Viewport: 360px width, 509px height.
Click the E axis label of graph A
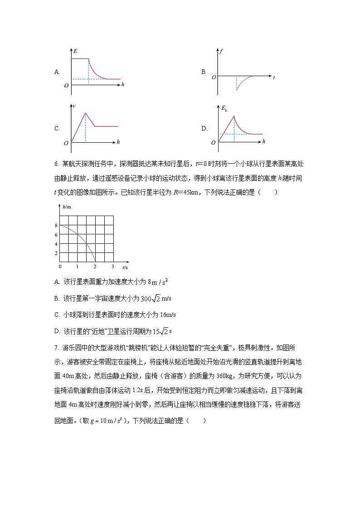click(x=75, y=51)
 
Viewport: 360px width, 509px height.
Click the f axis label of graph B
click(x=220, y=51)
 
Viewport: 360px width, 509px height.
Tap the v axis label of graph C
click(x=74, y=106)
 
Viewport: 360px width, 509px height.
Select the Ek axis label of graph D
click(x=224, y=108)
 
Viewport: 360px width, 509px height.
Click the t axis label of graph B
click(x=273, y=78)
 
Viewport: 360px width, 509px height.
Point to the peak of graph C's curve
click(x=85, y=112)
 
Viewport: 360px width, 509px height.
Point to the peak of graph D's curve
click(x=234, y=116)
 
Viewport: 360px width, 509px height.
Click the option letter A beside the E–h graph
click(x=57, y=72)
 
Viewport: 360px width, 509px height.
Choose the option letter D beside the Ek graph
click(x=204, y=128)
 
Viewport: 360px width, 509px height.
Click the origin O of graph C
click(x=66, y=143)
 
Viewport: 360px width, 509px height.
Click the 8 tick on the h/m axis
click(x=56, y=225)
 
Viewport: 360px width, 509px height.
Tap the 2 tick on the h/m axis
click(x=56, y=253)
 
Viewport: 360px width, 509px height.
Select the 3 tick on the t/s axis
click(x=113, y=266)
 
